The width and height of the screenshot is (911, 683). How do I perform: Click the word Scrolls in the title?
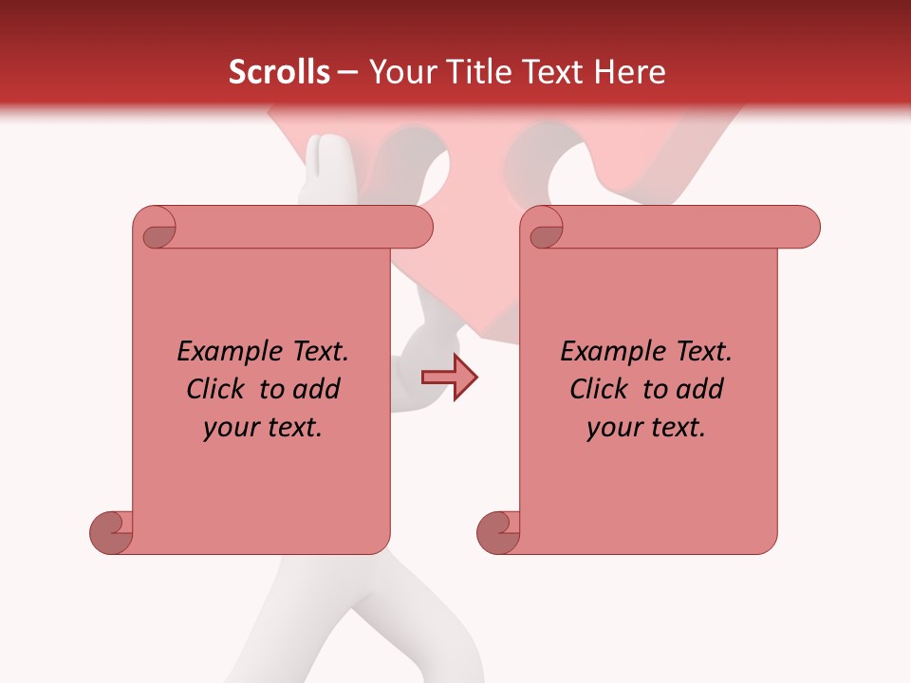pyautogui.click(x=280, y=72)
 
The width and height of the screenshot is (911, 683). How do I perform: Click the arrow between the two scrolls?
pyautogui.click(x=450, y=378)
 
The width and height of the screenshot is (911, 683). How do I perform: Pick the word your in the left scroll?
pyautogui.click(x=230, y=428)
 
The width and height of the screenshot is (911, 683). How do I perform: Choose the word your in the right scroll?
pyautogui.click(x=613, y=428)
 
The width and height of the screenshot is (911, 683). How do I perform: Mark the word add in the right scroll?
pyautogui.click(x=699, y=389)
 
